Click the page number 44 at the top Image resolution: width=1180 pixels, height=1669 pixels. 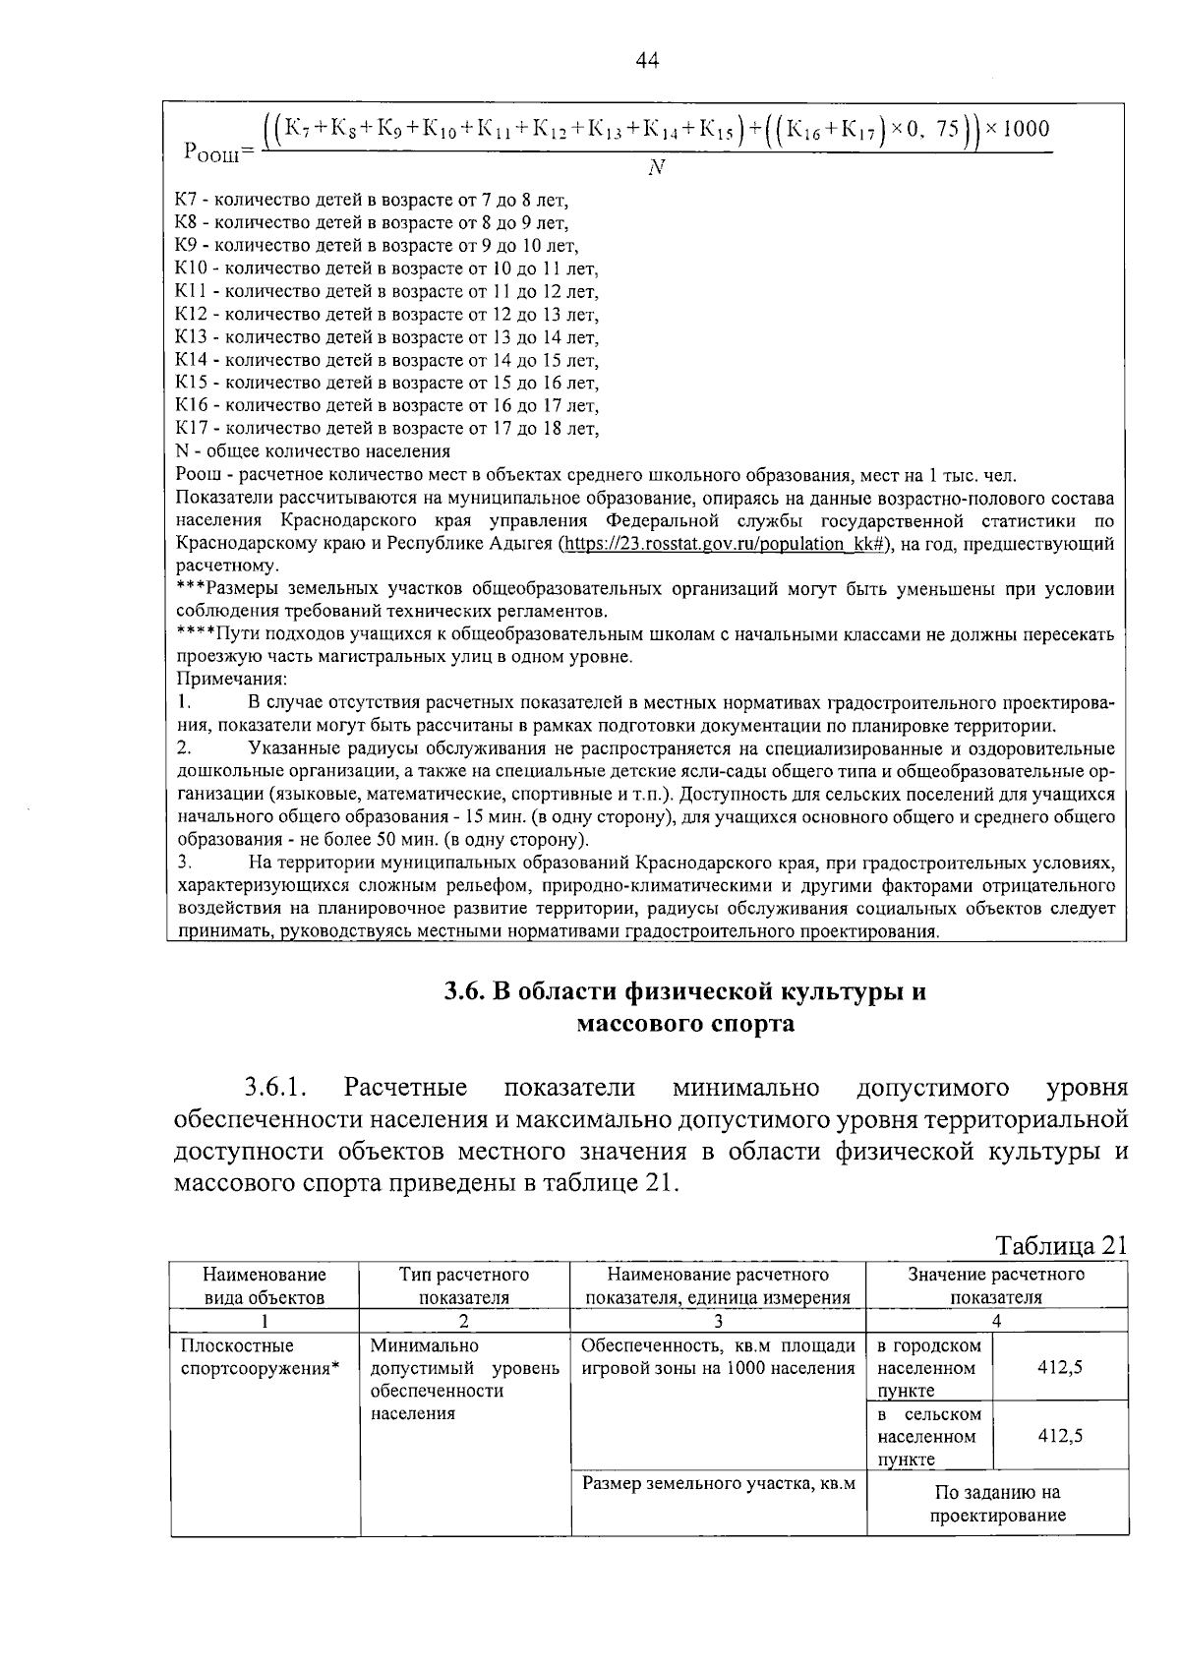point(646,61)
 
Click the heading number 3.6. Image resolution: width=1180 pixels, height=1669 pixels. point(460,991)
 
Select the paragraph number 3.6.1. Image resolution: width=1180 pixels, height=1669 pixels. point(277,1088)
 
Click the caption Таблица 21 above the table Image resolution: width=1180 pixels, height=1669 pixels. point(1060,1246)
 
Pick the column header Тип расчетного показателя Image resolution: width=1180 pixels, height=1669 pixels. point(464,1285)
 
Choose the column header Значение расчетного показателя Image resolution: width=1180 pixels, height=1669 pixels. point(996,1285)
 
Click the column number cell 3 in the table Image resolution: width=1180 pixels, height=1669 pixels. point(718,1322)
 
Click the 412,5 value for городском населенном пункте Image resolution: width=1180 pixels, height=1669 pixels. point(1060,1367)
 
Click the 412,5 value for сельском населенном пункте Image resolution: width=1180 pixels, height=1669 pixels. point(1060,1436)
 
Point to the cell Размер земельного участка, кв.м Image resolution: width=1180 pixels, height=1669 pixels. point(718,1484)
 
